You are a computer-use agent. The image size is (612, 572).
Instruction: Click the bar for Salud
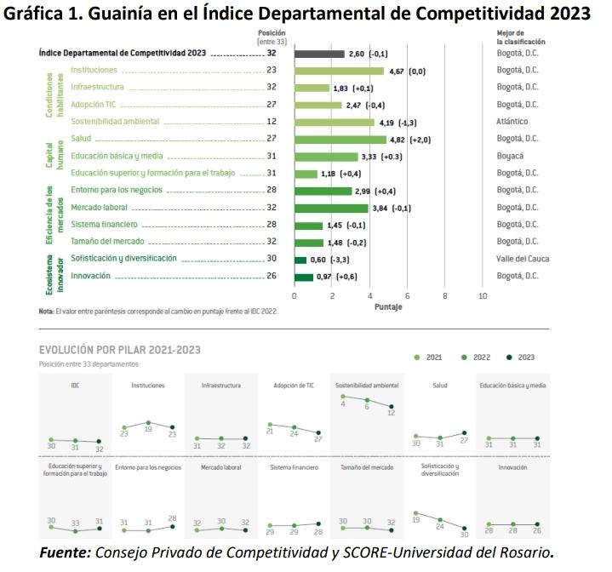tap(340, 140)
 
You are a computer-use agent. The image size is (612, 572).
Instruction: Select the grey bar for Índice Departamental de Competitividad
tap(319, 54)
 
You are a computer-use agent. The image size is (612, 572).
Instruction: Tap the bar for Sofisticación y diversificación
tap(300, 260)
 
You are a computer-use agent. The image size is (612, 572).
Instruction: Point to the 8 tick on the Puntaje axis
tap(445, 295)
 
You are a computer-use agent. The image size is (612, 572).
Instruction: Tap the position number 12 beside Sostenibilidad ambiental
tap(271, 122)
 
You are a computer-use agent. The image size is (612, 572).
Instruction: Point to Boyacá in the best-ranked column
tap(509, 157)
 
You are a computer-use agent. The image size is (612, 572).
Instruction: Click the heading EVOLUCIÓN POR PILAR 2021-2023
tap(120, 350)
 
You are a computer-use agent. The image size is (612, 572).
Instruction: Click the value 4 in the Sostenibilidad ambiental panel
tap(343, 404)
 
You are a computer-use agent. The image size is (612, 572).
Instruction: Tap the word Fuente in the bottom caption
tap(64, 552)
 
